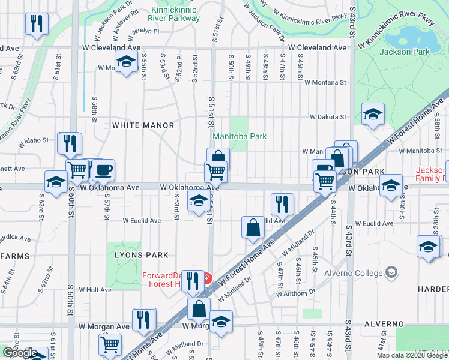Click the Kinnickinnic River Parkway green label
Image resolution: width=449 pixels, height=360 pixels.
click(167, 14)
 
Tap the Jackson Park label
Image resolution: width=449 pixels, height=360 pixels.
click(405, 52)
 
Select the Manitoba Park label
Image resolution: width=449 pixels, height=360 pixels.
click(240, 137)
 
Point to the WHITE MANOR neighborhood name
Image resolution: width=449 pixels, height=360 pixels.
click(143, 125)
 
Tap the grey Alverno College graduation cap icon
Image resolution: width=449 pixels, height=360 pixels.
click(392, 272)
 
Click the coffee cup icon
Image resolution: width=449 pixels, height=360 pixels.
click(103, 170)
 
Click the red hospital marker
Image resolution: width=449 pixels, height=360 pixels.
click(207, 277)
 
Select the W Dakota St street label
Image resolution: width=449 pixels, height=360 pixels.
click(328, 117)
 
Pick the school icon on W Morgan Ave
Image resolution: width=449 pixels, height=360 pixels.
click(221, 322)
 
